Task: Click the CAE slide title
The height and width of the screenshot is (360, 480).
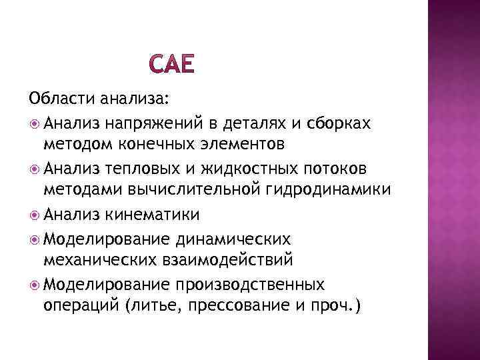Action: [172, 65]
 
